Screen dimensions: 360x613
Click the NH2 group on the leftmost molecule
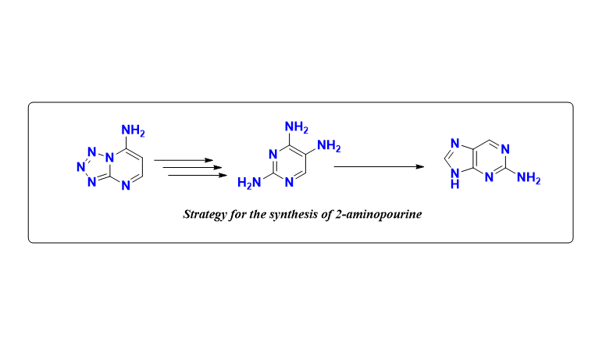point(134,130)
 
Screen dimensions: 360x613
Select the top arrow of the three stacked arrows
point(184,160)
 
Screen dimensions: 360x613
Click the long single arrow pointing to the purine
point(379,166)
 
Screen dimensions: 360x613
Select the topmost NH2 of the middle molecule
point(297,126)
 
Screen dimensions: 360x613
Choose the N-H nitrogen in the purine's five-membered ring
point(455,181)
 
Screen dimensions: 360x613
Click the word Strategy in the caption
point(204,213)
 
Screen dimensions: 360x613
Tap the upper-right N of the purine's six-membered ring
point(505,148)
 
